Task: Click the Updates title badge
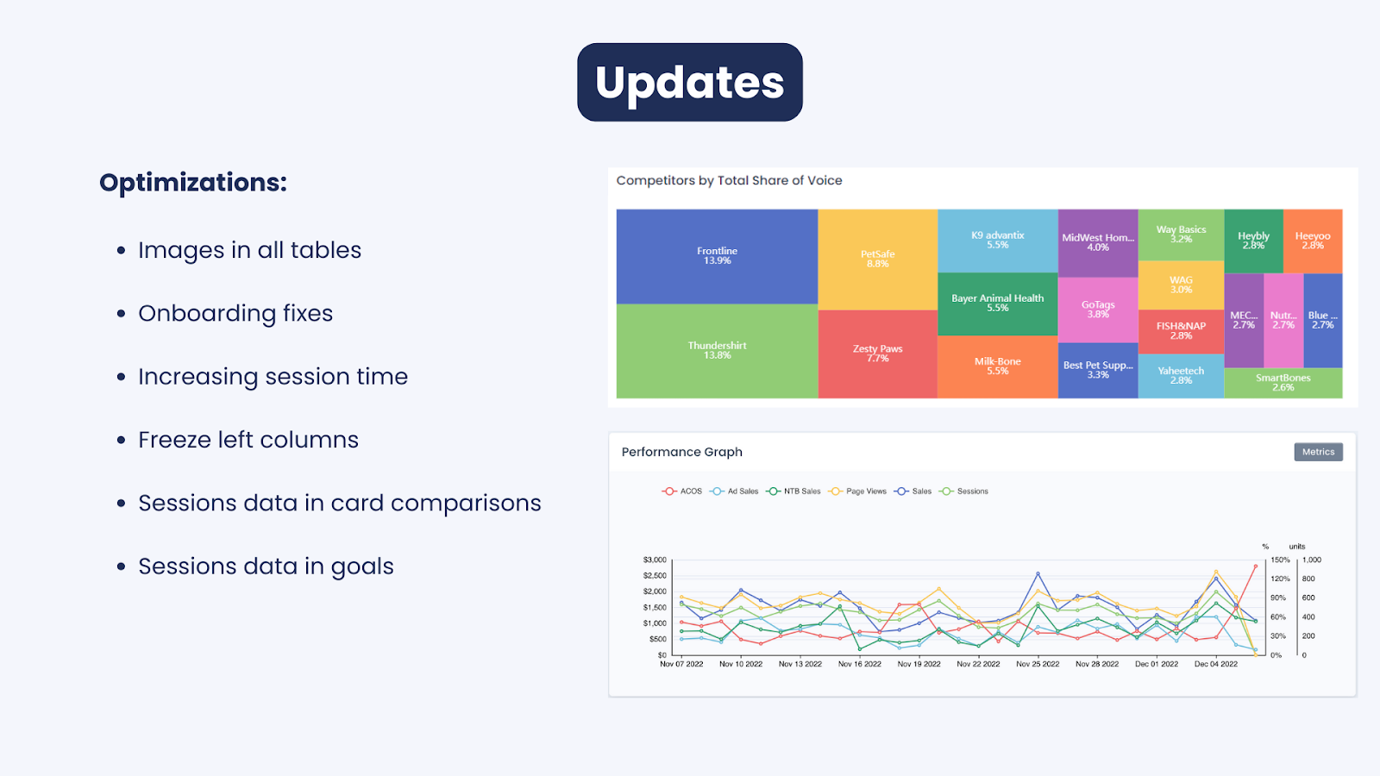689,82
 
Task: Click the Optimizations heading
193,183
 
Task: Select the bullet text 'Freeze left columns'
248,440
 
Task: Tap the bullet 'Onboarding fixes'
235,314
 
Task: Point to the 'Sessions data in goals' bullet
266,566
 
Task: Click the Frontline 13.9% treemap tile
717,256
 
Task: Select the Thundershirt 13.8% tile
717,351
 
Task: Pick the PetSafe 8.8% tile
878,260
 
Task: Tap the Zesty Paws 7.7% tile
878,354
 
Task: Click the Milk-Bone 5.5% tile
997,366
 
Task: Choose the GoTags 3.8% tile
1098,310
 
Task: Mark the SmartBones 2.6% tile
1283,383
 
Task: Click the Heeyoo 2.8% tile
1313,241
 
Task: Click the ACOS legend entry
682,491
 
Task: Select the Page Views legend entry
857,491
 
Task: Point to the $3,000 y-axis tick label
655,560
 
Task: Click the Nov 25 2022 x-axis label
1038,664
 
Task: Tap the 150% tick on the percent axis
1280,560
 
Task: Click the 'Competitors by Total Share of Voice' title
729,180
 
